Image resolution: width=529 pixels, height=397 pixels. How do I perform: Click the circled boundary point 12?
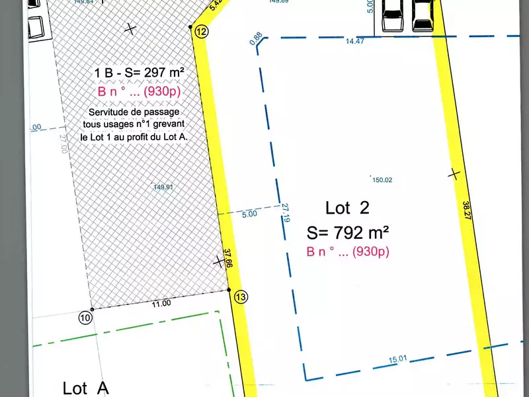(x=202, y=32)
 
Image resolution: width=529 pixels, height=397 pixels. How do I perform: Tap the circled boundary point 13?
(x=240, y=297)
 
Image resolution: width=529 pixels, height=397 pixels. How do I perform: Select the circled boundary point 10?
(x=85, y=317)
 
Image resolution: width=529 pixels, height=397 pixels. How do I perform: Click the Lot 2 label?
(x=347, y=208)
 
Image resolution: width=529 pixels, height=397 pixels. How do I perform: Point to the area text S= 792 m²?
(x=348, y=232)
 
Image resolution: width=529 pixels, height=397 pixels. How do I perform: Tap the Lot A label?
(x=85, y=388)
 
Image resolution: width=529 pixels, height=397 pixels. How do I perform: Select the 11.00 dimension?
(x=161, y=303)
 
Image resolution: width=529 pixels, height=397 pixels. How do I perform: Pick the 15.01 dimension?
(x=397, y=359)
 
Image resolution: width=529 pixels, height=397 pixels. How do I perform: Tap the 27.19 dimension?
(x=286, y=214)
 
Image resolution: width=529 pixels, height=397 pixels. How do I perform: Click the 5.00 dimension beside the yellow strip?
(x=249, y=214)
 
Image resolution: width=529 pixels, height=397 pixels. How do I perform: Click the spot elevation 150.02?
(x=383, y=180)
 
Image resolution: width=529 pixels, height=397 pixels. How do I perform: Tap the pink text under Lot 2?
(x=348, y=251)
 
